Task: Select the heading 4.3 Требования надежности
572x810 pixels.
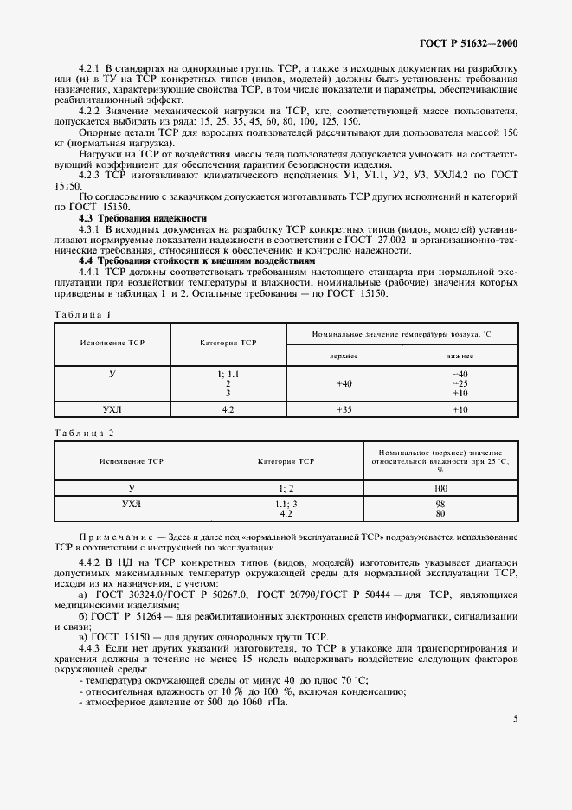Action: click(143, 218)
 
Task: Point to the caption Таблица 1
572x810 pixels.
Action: click(83, 312)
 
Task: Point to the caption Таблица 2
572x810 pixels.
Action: click(83, 432)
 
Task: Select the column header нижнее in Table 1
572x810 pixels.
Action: click(460, 355)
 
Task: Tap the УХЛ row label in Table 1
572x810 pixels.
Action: click(112, 409)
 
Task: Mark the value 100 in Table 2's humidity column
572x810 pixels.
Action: click(440, 489)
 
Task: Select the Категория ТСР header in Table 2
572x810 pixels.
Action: click(286, 462)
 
